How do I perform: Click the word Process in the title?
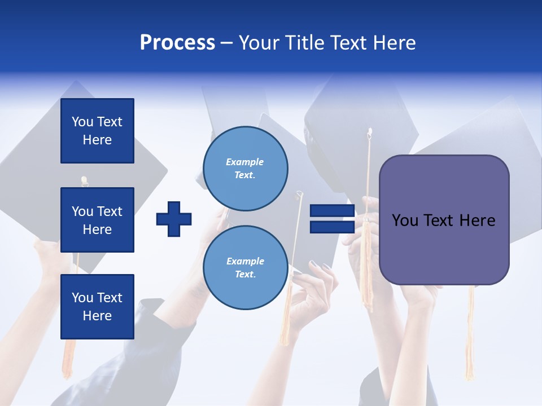[177, 43]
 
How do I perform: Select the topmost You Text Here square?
[97, 131]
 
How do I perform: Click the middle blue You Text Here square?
[97, 220]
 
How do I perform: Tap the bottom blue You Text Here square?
[97, 307]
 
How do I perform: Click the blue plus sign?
[174, 219]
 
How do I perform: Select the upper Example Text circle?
[246, 169]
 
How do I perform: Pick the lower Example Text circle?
[246, 268]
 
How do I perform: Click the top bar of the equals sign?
[333, 211]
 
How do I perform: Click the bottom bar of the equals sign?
[333, 227]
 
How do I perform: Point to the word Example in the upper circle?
[244, 162]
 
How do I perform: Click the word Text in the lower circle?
[244, 275]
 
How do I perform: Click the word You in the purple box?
[405, 220]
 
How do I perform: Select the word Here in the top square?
[97, 140]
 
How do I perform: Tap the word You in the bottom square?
[82, 298]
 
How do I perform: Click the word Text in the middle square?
[110, 211]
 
